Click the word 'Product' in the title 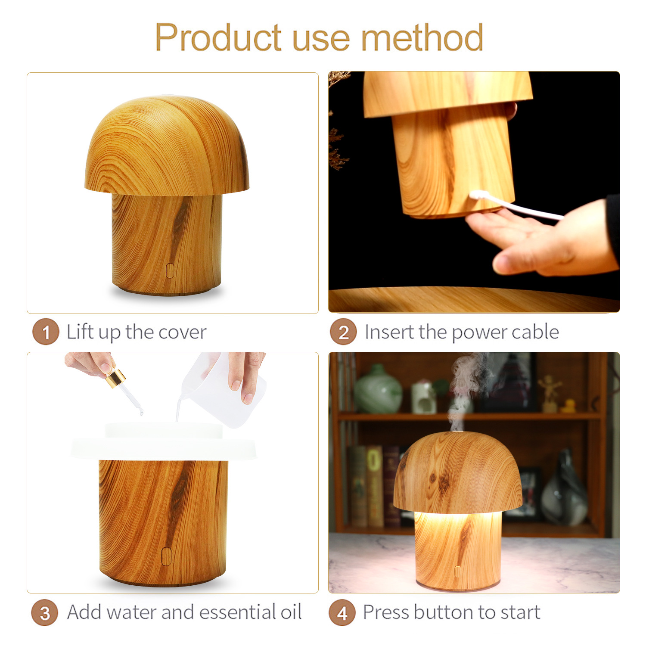pos(218,37)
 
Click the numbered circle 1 pos(45,332)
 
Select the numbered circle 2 pos(343,332)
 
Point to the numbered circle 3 pos(44,612)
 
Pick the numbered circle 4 pos(342,612)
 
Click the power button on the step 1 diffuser pos(170,270)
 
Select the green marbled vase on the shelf pos(378,390)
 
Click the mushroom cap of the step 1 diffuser pos(167,146)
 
